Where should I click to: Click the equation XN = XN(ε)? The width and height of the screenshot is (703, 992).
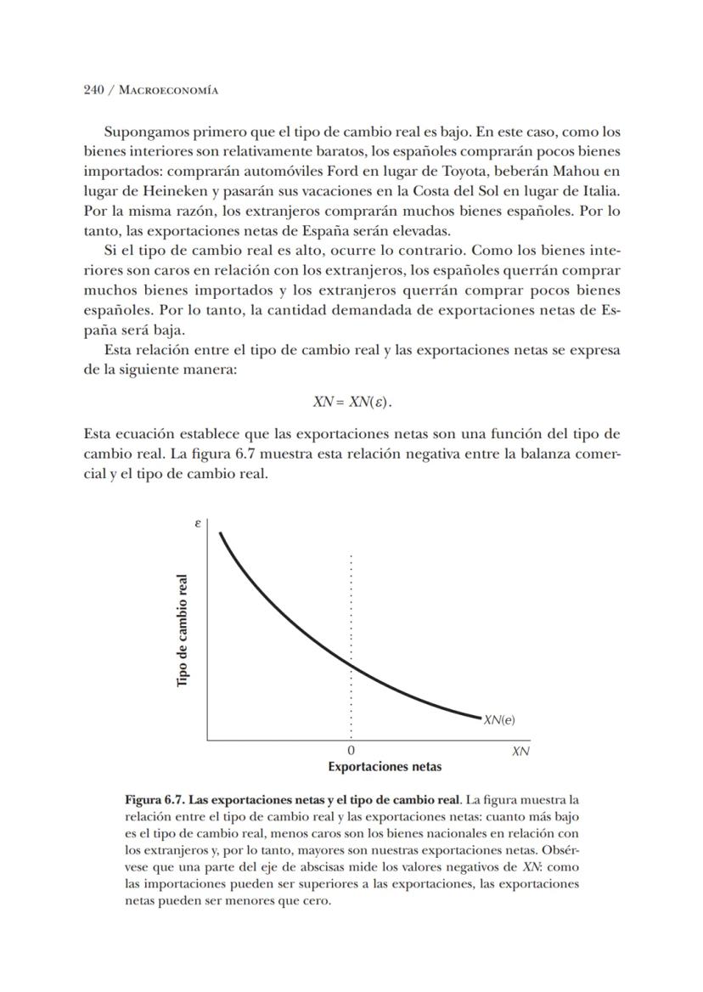351,401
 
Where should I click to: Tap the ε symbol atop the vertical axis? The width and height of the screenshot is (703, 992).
198,524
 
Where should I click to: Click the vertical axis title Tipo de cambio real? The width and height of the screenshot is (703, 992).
183,631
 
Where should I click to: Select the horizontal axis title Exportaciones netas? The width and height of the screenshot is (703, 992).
385,766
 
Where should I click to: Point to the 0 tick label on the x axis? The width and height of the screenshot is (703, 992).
351,752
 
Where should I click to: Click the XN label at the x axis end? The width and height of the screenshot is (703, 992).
520,752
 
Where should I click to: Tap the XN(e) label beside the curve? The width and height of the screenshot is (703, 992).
499,720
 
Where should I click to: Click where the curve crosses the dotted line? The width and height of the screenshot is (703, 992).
351,668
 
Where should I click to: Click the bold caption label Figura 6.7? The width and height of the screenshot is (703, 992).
155,800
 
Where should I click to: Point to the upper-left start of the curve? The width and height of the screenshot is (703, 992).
221,533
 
